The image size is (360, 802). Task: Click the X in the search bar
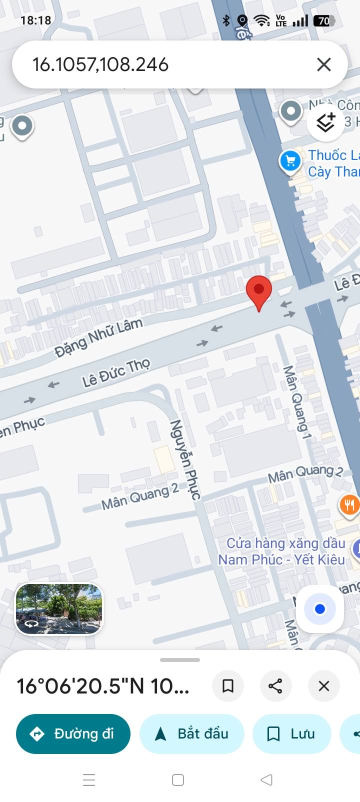click(x=324, y=64)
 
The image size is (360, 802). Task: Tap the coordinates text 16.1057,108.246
click(x=100, y=64)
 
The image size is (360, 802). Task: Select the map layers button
click(x=325, y=121)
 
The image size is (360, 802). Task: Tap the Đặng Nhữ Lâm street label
click(x=98, y=337)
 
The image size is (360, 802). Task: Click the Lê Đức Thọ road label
click(x=116, y=373)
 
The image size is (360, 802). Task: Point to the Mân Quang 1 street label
click(x=297, y=402)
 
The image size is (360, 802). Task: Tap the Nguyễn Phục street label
click(x=185, y=459)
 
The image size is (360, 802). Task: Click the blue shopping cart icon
click(x=290, y=161)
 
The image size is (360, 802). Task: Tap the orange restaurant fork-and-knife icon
click(x=349, y=505)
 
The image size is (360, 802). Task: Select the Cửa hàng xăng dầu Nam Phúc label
click(x=282, y=551)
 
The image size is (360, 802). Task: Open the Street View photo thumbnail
click(x=59, y=608)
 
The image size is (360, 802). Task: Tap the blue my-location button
click(x=320, y=609)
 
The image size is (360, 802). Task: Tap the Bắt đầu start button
click(x=192, y=733)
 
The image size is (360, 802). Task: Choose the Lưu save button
click(x=291, y=733)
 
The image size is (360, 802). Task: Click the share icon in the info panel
click(x=275, y=685)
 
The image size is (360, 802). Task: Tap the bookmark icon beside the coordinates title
click(x=228, y=685)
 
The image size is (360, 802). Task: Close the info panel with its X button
click(x=324, y=685)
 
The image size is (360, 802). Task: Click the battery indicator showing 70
click(x=324, y=20)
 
